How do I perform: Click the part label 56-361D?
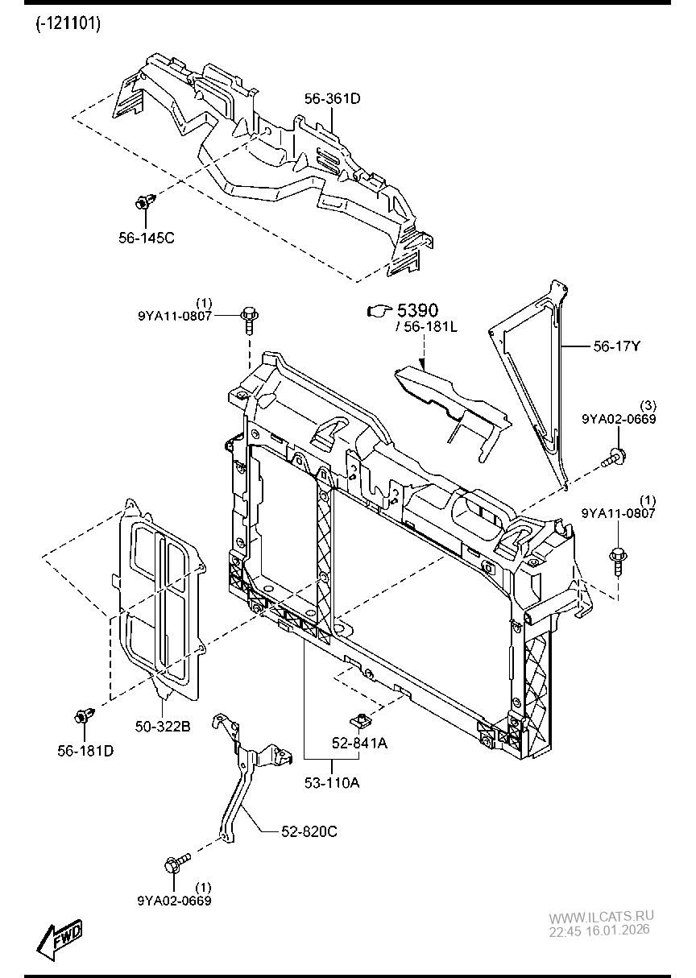tap(332, 98)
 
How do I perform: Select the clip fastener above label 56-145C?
tap(144, 202)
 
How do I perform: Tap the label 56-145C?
tap(147, 238)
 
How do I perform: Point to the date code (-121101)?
tap(68, 23)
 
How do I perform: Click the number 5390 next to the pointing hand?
tap(417, 310)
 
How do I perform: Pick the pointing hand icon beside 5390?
tap(379, 311)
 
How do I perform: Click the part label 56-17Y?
tap(616, 346)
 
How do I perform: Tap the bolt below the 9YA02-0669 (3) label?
tap(614, 457)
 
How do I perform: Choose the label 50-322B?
tap(163, 727)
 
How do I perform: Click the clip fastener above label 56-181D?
tap(85, 715)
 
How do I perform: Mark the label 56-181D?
tap(85, 751)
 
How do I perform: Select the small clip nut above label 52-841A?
tap(361, 719)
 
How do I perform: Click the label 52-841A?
tap(360, 743)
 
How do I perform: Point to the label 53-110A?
tap(332, 783)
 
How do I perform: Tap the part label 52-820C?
tap(309, 831)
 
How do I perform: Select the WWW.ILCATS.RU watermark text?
tap(601, 916)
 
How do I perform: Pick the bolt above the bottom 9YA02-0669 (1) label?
tap(177, 862)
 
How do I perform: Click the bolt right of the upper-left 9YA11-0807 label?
tap(250, 320)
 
